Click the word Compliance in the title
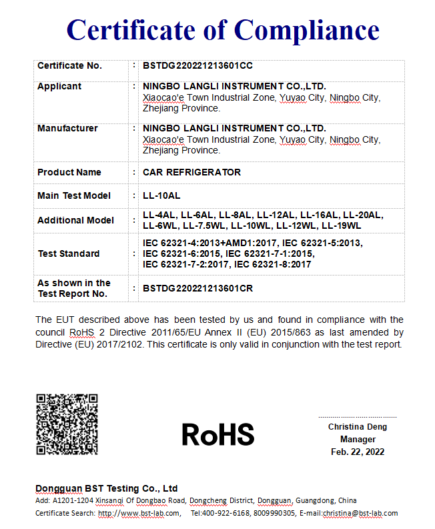306,31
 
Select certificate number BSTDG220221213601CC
197,65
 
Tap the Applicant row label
59,86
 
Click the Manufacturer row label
67,128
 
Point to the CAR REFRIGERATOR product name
191,172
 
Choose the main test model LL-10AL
161,195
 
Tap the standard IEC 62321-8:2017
272,264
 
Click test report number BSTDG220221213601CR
197,289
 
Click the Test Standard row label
68,253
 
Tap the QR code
67,424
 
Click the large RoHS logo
217,435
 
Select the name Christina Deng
357,427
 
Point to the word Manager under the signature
357,440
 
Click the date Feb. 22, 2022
357,452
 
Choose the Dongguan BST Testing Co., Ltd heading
106,488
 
